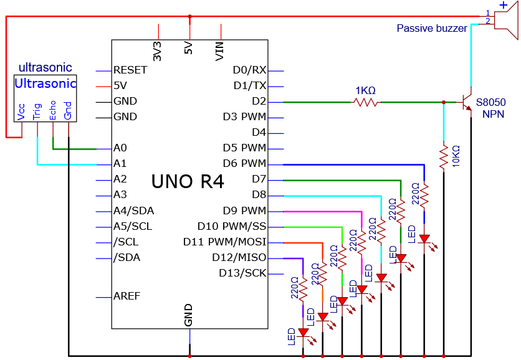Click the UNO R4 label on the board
coord(188,181)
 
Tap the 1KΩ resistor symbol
coord(365,102)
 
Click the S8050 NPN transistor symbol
coord(467,102)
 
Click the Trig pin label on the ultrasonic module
coord(37,111)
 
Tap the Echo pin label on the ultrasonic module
coord(52,110)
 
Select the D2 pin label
coord(259,101)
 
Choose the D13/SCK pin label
coord(242,273)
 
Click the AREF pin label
coord(127,296)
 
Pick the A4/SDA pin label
coord(133,211)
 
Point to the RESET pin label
coord(130,70)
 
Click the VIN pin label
coord(219,52)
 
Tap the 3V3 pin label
coord(157,51)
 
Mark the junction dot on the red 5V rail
coord(189,16)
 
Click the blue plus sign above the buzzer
coord(504,4)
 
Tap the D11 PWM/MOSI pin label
coord(225,242)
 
